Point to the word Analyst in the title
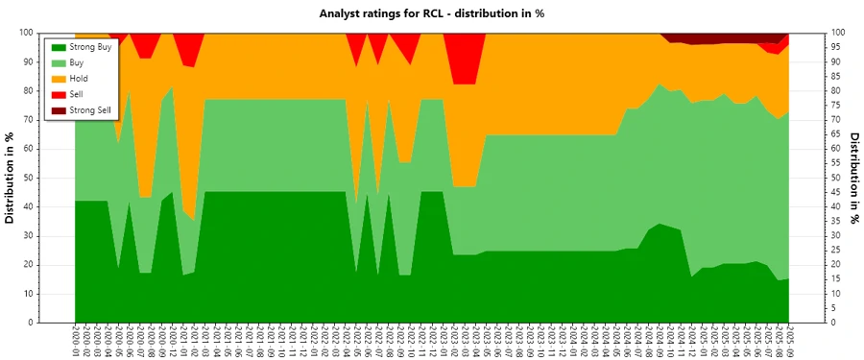(x=341, y=13)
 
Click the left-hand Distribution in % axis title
(x=11, y=178)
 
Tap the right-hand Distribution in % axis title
(x=853, y=178)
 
